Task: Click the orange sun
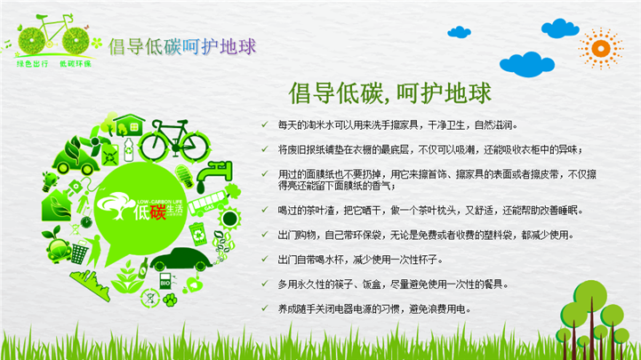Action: tap(600, 49)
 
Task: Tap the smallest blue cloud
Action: tap(459, 32)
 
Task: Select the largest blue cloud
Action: tap(527, 64)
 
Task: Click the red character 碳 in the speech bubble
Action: tap(157, 212)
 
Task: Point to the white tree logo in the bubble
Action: tap(116, 205)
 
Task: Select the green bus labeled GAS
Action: tap(207, 203)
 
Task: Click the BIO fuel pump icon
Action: tap(165, 281)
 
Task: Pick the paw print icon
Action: tap(170, 300)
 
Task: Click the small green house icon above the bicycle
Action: tap(129, 124)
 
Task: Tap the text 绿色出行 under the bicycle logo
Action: tap(32, 63)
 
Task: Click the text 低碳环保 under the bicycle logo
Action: tap(76, 63)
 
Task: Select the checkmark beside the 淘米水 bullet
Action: tap(265, 124)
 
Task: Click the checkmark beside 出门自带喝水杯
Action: tap(265, 259)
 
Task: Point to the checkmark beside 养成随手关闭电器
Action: tap(265, 308)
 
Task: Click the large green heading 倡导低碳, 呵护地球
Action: tap(389, 93)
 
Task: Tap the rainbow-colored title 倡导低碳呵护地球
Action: tap(182, 46)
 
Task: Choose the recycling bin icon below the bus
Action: tap(198, 234)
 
